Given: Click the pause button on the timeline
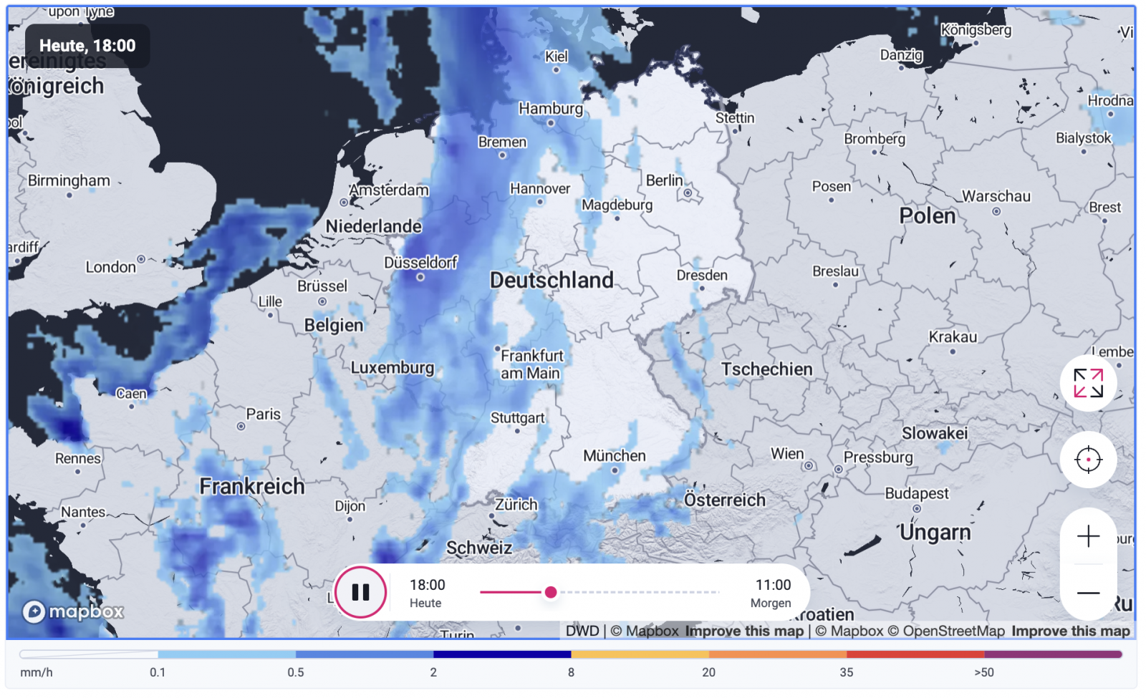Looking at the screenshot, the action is (x=360, y=592).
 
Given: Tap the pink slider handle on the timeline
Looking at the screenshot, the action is (x=550, y=592).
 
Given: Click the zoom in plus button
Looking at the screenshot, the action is (x=1088, y=536).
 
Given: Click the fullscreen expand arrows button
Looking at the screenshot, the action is (x=1088, y=383).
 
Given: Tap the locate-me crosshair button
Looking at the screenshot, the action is (x=1088, y=460).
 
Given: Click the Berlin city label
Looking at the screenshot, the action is (x=664, y=180).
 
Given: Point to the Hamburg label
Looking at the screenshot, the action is (x=550, y=109).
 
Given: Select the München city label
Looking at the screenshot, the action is (x=614, y=456).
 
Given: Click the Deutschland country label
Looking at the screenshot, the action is (x=552, y=280).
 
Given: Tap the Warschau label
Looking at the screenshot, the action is (x=996, y=196).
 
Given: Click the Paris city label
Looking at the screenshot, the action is (x=263, y=415).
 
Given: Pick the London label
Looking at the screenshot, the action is (x=110, y=267).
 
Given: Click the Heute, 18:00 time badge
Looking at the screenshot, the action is (x=87, y=46).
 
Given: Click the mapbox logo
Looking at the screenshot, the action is (x=73, y=611).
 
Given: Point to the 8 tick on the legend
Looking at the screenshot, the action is (x=571, y=672).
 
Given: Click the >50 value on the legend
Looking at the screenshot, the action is (x=983, y=672).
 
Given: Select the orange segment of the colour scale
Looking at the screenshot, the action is (x=777, y=654).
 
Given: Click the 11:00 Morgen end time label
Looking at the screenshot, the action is (x=772, y=593).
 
